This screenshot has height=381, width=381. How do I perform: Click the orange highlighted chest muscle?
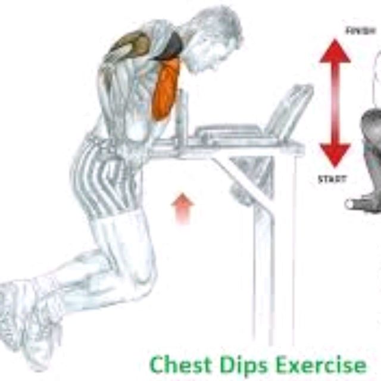pos(166,89)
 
